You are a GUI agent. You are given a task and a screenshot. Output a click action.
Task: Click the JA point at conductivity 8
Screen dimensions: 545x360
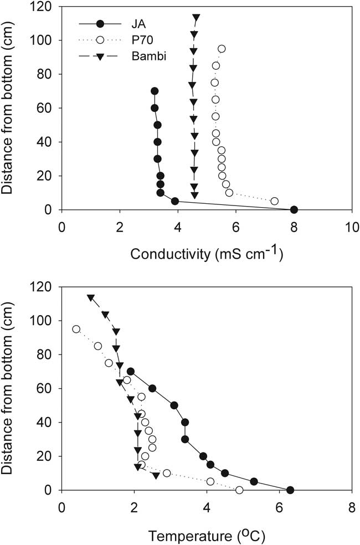tap(294, 210)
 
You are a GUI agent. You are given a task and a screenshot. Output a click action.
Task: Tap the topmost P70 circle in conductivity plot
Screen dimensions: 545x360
tap(222, 49)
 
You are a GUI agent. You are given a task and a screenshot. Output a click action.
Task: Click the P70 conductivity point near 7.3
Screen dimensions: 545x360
tap(274, 201)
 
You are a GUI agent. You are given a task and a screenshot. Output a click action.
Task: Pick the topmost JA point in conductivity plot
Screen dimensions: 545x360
tap(155, 91)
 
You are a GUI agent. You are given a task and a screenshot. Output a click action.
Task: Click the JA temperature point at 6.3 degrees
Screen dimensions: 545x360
tap(290, 490)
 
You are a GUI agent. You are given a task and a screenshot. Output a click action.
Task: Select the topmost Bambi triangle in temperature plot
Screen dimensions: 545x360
tap(90, 297)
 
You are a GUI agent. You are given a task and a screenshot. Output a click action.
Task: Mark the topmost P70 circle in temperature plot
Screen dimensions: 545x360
tap(76, 329)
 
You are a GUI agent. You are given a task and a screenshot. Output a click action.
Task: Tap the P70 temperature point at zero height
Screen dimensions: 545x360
tap(239, 490)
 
